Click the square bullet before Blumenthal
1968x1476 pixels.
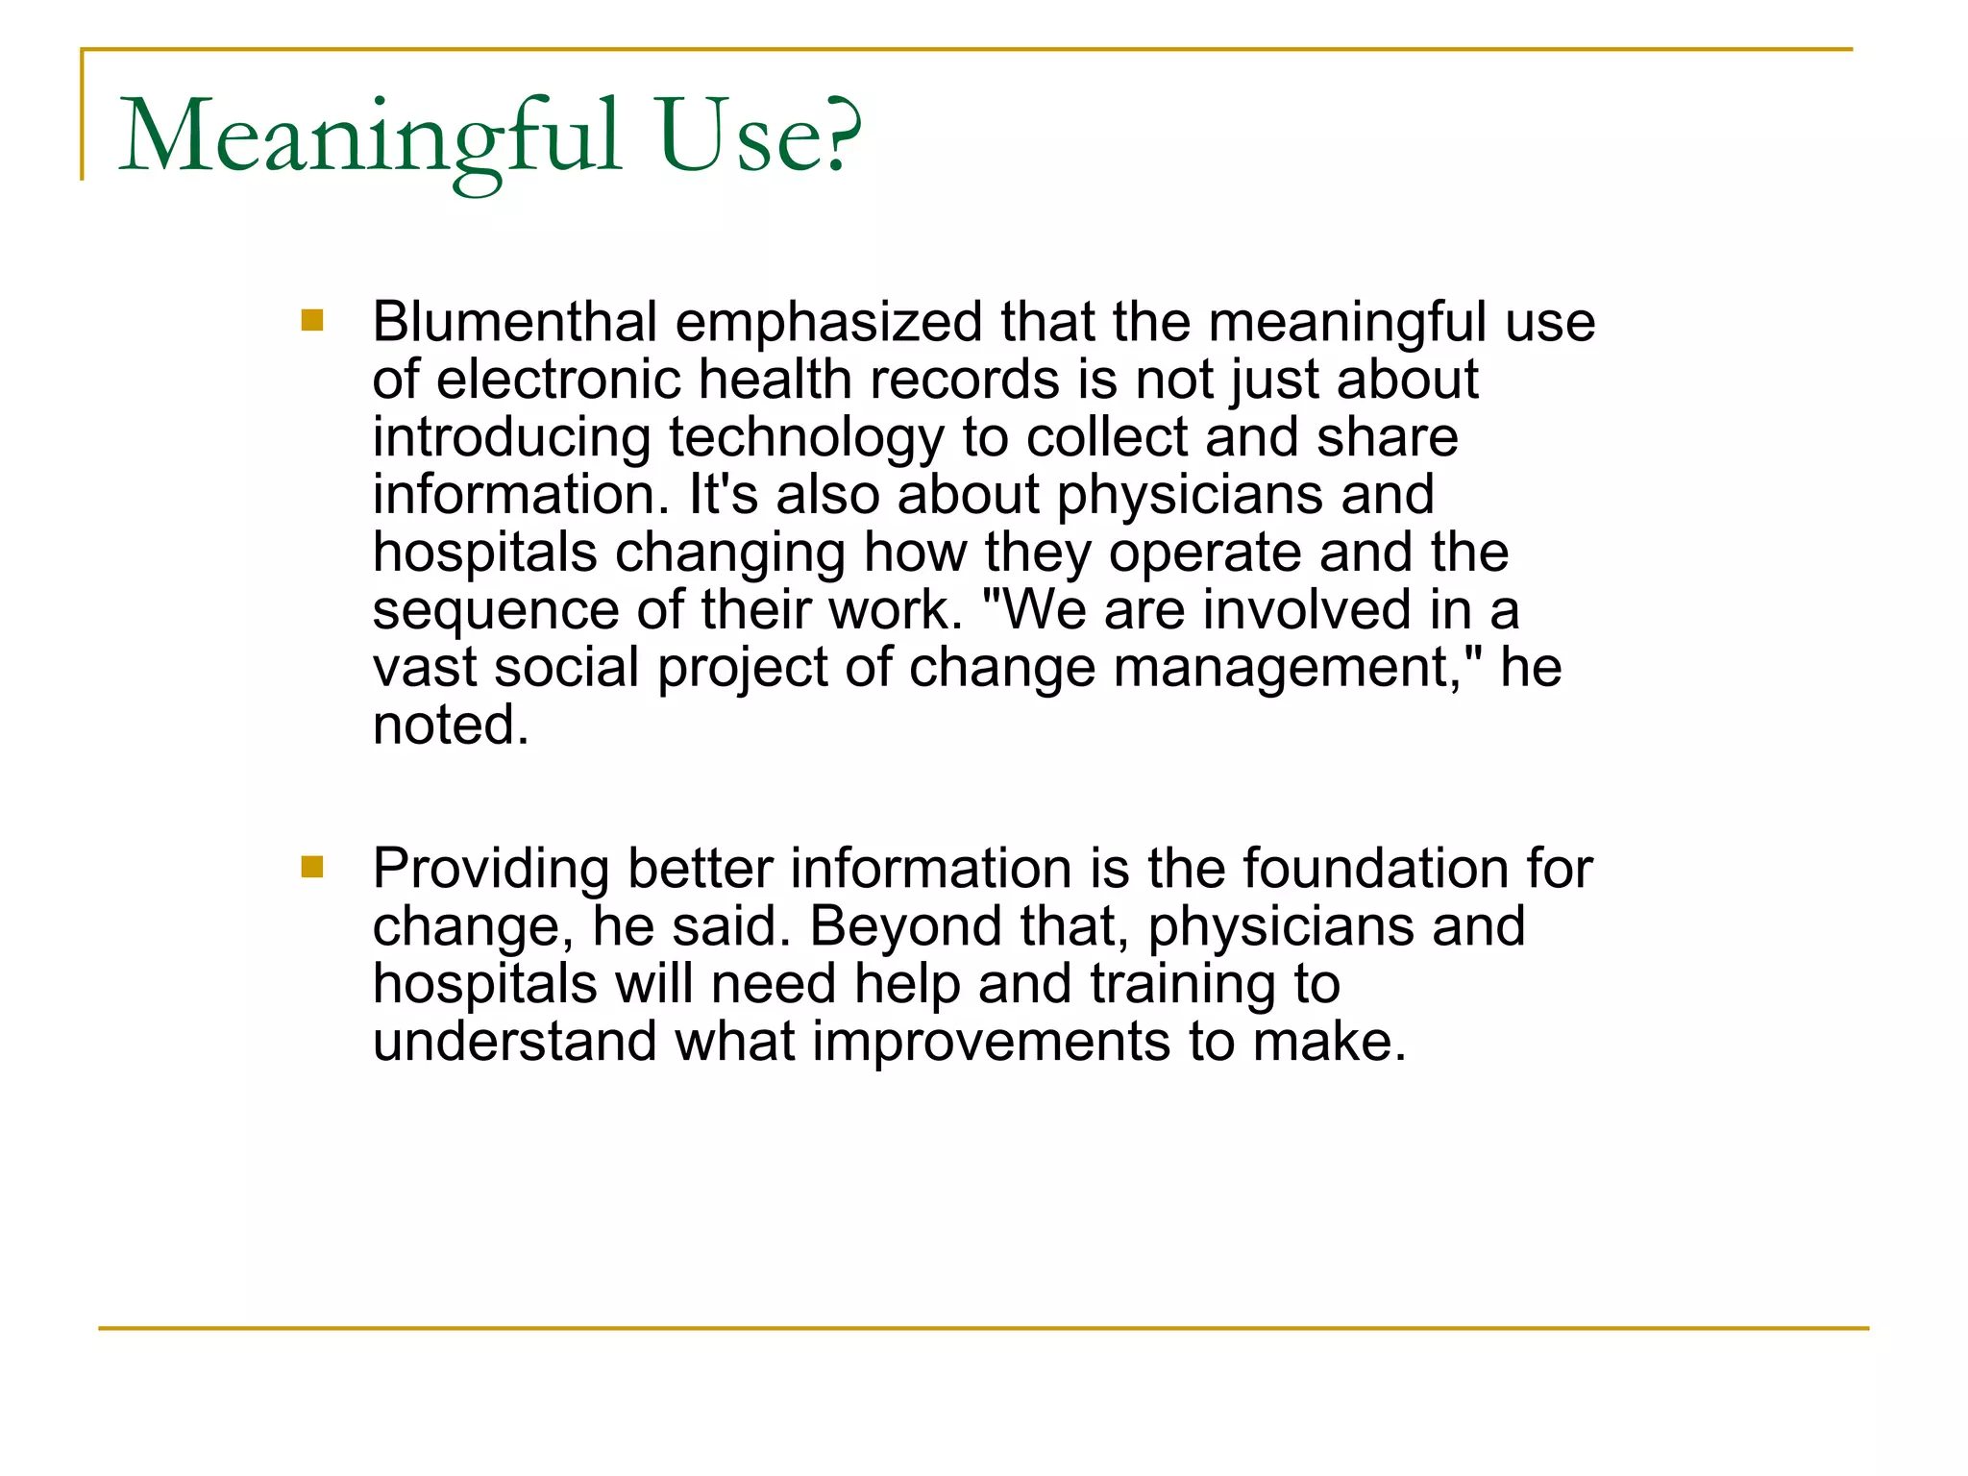(312, 320)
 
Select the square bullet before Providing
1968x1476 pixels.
(312, 867)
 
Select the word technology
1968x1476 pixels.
(807, 438)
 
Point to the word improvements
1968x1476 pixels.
(991, 1042)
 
